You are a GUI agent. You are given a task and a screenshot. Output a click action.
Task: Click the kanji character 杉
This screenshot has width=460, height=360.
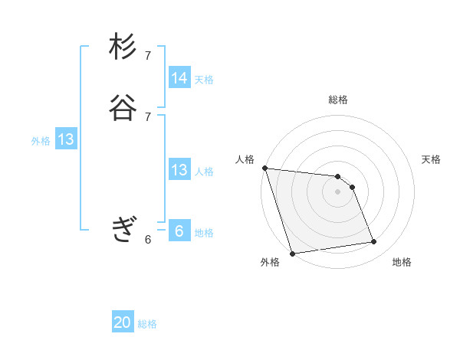pos(123,47)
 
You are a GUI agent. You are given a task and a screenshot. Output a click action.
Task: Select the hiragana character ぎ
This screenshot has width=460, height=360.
pos(123,229)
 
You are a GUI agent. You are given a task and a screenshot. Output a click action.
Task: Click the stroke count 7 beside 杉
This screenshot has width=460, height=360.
pos(148,55)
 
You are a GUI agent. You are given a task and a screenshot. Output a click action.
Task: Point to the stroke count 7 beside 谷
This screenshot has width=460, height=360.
pos(148,116)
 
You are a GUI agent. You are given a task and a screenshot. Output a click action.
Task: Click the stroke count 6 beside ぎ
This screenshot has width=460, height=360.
pos(148,239)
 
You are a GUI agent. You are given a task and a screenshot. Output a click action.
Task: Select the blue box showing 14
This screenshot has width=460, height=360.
pos(179,78)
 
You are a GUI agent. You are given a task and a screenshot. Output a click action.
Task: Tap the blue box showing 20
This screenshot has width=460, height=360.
pos(123,322)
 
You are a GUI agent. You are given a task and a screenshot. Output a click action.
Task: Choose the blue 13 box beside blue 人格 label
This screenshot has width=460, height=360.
pos(179,170)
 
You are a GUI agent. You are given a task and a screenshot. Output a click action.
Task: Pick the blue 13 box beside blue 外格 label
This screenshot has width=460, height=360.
pos(66,139)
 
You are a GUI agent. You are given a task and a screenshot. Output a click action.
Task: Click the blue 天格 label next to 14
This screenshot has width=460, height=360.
pos(204,80)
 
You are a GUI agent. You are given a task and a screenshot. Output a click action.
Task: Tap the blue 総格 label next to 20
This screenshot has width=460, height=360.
pos(147,324)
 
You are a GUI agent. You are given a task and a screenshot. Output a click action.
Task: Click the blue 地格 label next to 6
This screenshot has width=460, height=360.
pos(204,233)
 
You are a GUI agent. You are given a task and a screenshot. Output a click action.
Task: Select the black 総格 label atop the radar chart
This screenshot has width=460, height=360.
pos(338,100)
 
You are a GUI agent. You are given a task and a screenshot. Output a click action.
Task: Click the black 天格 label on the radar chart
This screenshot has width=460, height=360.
pos(431,159)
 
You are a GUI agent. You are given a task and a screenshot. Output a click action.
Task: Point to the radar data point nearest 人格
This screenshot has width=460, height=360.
pos(264,168)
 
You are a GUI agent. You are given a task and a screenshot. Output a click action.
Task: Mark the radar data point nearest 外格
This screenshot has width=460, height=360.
pos(292,253)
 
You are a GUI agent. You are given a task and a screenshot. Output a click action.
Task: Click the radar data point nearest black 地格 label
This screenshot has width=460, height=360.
pos(374,242)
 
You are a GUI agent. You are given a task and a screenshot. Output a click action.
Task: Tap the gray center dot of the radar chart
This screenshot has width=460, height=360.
pos(338,191)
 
